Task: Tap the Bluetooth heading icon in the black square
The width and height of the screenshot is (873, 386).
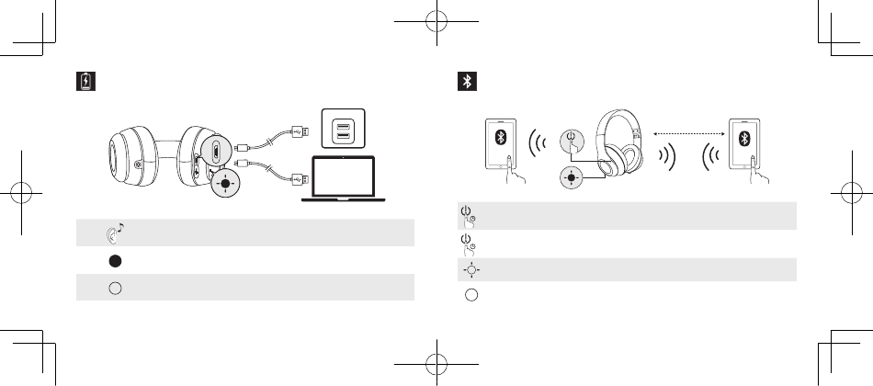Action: (x=467, y=81)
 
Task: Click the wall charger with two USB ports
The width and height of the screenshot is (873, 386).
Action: (x=342, y=129)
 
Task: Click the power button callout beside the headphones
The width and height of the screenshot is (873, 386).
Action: (x=572, y=143)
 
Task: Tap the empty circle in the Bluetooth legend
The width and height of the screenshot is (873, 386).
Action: (x=470, y=295)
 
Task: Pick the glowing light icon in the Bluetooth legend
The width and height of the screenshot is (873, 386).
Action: (x=470, y=270)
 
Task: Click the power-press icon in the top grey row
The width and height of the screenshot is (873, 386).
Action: (x=468, y=216)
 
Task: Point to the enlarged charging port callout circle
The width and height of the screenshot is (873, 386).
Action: (x=213, y=151)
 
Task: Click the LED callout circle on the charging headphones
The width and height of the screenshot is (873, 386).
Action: (x=224, y=182)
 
